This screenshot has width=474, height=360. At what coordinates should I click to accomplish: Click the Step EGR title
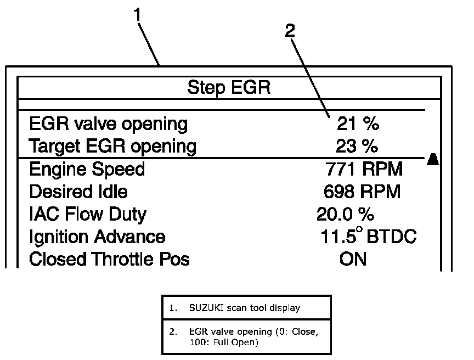(x=229, y=88)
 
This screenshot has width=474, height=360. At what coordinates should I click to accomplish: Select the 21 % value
(x=358, y=124)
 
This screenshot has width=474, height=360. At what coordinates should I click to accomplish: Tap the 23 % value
(x=357, y=147)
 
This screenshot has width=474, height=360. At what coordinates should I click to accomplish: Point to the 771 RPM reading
(x=364, y=169)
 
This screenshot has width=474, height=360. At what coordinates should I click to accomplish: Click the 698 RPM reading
(x=362, y=192)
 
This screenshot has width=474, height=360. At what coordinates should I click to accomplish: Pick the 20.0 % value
(x=346, y=214)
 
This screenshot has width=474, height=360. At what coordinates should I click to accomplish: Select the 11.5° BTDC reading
(x=368, y=237)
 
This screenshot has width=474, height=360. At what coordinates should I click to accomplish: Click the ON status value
(x=353, y=259)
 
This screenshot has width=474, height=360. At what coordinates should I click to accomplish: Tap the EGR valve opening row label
(x=108, y=125)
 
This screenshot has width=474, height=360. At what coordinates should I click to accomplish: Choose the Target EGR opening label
(x=112, y=147)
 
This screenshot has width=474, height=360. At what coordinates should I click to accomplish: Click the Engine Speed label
(x=87, y=169)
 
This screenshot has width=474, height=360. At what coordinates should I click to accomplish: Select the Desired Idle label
(x=78, y=192)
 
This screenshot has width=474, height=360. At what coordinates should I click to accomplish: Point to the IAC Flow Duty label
(x=88, y=214)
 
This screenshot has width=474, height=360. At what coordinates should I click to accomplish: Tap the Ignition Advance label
(x=97, y=237)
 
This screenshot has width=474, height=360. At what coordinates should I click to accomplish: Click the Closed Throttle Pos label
(x=109, y=259)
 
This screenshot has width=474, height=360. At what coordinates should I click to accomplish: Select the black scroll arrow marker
(x=432, y=159)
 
